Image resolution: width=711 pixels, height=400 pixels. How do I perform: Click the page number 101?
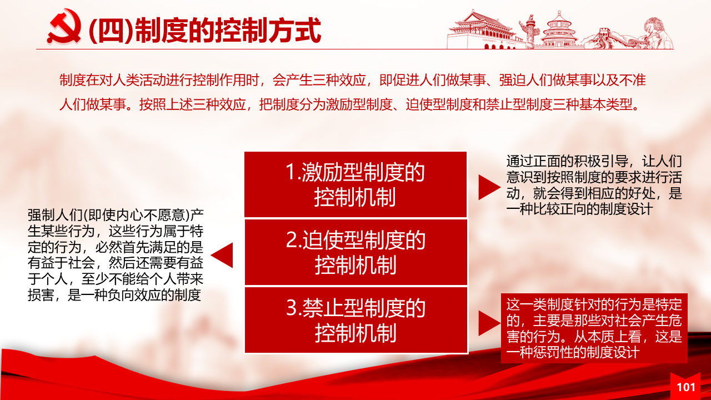686,387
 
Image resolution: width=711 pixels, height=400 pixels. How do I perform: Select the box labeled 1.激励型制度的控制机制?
355,184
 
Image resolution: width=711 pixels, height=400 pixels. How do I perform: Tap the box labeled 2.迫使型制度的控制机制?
356,252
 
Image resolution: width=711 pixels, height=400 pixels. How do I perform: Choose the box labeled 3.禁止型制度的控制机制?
356,321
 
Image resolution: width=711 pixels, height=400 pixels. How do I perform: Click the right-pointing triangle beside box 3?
488,323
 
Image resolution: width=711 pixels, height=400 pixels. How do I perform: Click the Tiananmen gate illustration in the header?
483,30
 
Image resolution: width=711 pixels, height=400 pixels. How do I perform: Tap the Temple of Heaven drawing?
559,30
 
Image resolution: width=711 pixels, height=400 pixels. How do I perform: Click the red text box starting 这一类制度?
594,328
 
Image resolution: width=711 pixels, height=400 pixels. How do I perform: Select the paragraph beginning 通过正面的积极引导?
594,186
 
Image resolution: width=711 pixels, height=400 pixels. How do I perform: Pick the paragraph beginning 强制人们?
116,255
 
